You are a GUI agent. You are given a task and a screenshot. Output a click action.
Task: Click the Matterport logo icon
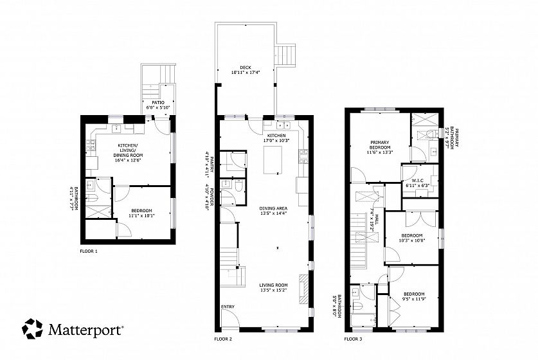coord(33,328)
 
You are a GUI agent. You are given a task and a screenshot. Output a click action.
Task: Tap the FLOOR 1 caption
coord(89,251)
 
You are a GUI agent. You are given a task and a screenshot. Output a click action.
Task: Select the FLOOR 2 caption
coord(223,339)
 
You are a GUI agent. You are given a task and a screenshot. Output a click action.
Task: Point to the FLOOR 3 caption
coord(353,339)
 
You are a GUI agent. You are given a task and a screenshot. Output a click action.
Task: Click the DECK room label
coord(246,67)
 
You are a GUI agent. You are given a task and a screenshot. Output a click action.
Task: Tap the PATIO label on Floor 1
coord(158,103)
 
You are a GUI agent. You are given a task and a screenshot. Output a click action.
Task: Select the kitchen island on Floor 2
coord(273,160)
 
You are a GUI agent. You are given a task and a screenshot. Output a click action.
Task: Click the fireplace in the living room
coord(303,289)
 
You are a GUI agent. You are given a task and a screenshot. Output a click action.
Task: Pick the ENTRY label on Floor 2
coord(228,307)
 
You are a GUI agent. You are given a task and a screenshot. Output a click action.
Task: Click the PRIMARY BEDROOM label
coord(380,145)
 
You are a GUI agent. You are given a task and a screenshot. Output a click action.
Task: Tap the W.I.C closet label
coord(417,181)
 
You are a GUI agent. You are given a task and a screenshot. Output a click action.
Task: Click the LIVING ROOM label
coord(273,285)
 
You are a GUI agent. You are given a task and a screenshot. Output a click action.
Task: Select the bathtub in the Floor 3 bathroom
coord(364,321)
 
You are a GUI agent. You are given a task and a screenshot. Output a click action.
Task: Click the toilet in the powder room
coord(239,186)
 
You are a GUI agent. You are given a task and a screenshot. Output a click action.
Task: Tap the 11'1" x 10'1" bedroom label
coord(141,216)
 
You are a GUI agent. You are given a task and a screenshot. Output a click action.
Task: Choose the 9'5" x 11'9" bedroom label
coord(414,299)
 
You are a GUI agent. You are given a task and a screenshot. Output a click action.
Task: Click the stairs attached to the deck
coord(286,55)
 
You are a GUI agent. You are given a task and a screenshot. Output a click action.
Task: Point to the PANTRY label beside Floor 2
coord(212,166)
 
